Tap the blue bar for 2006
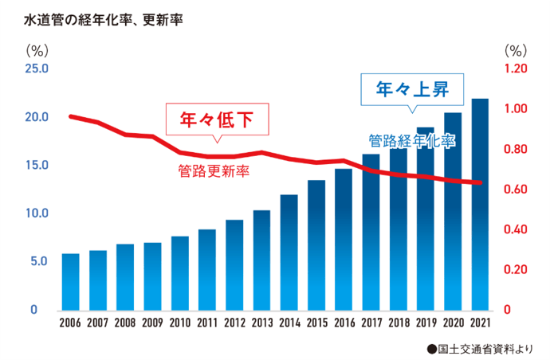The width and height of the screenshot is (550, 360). (x=70, y=281)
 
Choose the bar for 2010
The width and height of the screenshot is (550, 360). (x=179, y=272)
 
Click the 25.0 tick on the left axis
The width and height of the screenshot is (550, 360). (x=37, y=69)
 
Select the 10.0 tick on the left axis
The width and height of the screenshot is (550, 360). (x=37, y=213)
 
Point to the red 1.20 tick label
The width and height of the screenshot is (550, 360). (x=517, y=69)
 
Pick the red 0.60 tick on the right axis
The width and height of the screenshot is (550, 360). (x=517, y=190)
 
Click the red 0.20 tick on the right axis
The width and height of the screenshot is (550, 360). (x=517, y=270)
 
